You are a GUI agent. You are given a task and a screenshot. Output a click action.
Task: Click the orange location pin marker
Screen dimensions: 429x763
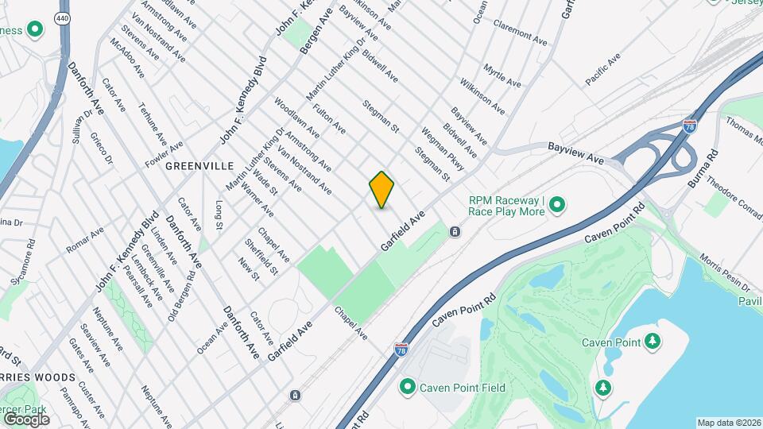[382, 189]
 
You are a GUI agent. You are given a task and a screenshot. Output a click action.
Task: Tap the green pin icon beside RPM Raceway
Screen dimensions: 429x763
[557, 206]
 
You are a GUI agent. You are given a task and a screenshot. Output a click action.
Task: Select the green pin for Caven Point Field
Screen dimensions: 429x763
[408, 387]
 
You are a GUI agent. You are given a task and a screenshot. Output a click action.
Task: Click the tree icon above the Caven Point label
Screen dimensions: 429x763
[653, 341]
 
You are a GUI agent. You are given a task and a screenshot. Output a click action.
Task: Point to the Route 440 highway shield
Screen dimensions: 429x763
[62, 17]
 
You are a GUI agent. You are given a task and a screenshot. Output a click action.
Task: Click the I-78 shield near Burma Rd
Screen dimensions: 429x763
[689, 126]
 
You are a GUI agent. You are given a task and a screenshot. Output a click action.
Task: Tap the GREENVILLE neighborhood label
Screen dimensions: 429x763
[199, 166]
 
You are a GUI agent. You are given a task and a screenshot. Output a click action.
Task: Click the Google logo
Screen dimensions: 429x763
[26, 419]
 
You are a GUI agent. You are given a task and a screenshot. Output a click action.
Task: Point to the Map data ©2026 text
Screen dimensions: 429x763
[729, 423]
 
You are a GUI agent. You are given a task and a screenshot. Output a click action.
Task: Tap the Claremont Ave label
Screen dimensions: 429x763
[521, 33]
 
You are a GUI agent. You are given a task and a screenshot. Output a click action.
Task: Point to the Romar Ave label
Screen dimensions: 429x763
[85, 240]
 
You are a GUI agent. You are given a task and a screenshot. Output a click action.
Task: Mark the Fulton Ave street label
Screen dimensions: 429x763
[329, 122]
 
